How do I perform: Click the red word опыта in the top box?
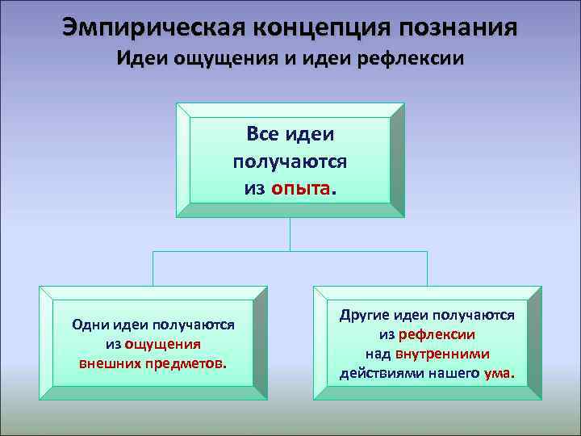point(300,188)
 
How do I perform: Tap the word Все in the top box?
point(263,132)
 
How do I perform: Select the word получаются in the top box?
point(290,161)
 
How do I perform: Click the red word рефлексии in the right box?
point(442,334)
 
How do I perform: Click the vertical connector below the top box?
point(290,233)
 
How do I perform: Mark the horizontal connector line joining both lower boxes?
point(290,250)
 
